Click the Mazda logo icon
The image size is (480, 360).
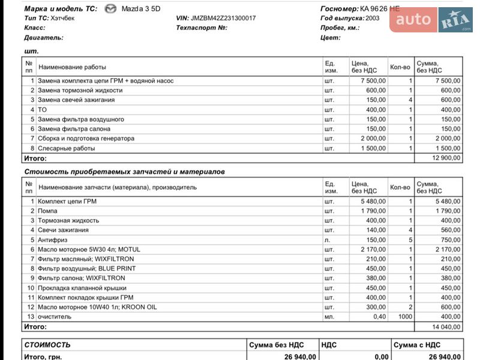tap(110, 8)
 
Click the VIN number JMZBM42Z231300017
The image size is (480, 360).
tap(224, 18)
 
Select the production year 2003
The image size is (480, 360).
tap(372, 18)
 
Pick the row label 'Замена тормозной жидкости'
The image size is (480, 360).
tap(76, 90)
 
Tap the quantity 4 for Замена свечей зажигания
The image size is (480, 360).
tap(410, 100)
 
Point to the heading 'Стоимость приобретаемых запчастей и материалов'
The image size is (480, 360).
tap(124, 172)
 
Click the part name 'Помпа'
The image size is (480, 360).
tap(48, 211)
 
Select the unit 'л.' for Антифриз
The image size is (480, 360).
tap(328, 239)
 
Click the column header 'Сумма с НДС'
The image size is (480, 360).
tap(417, 345)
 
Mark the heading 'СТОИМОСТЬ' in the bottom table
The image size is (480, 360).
tap(47, 345)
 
